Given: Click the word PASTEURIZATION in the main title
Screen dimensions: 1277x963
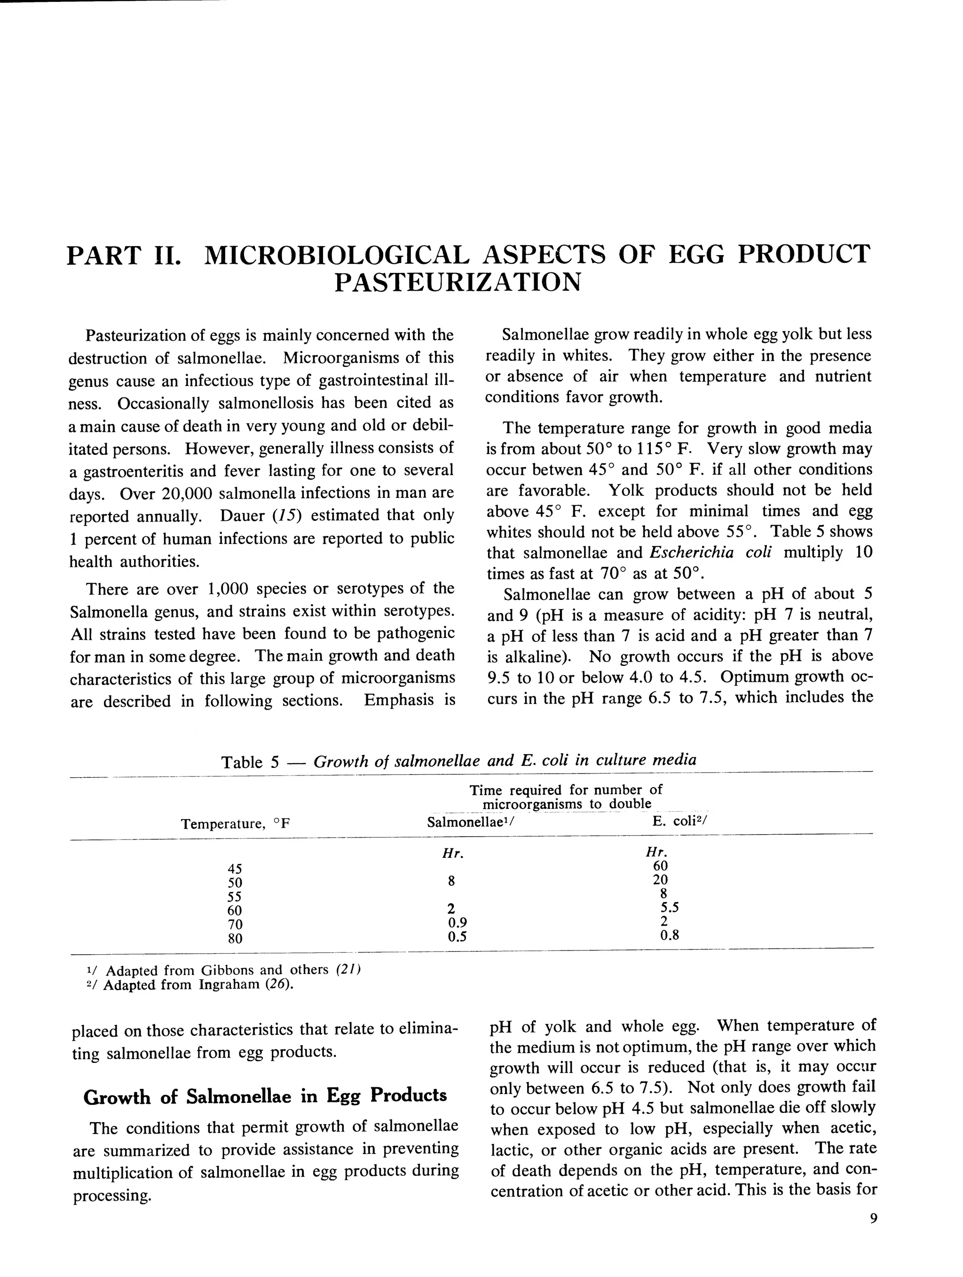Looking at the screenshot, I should click(x=458, y=282).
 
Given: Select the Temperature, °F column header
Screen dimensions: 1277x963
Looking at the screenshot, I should click(x=234, y=824).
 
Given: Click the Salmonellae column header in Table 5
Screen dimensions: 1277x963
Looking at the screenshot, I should click(x=470, y=822).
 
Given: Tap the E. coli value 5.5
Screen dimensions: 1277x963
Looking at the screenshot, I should click(x=669, y=908).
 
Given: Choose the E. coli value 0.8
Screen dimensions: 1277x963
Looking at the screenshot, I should click(x=669, y=935).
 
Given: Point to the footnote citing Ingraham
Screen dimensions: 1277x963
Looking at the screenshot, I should click(x=190, y=984).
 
